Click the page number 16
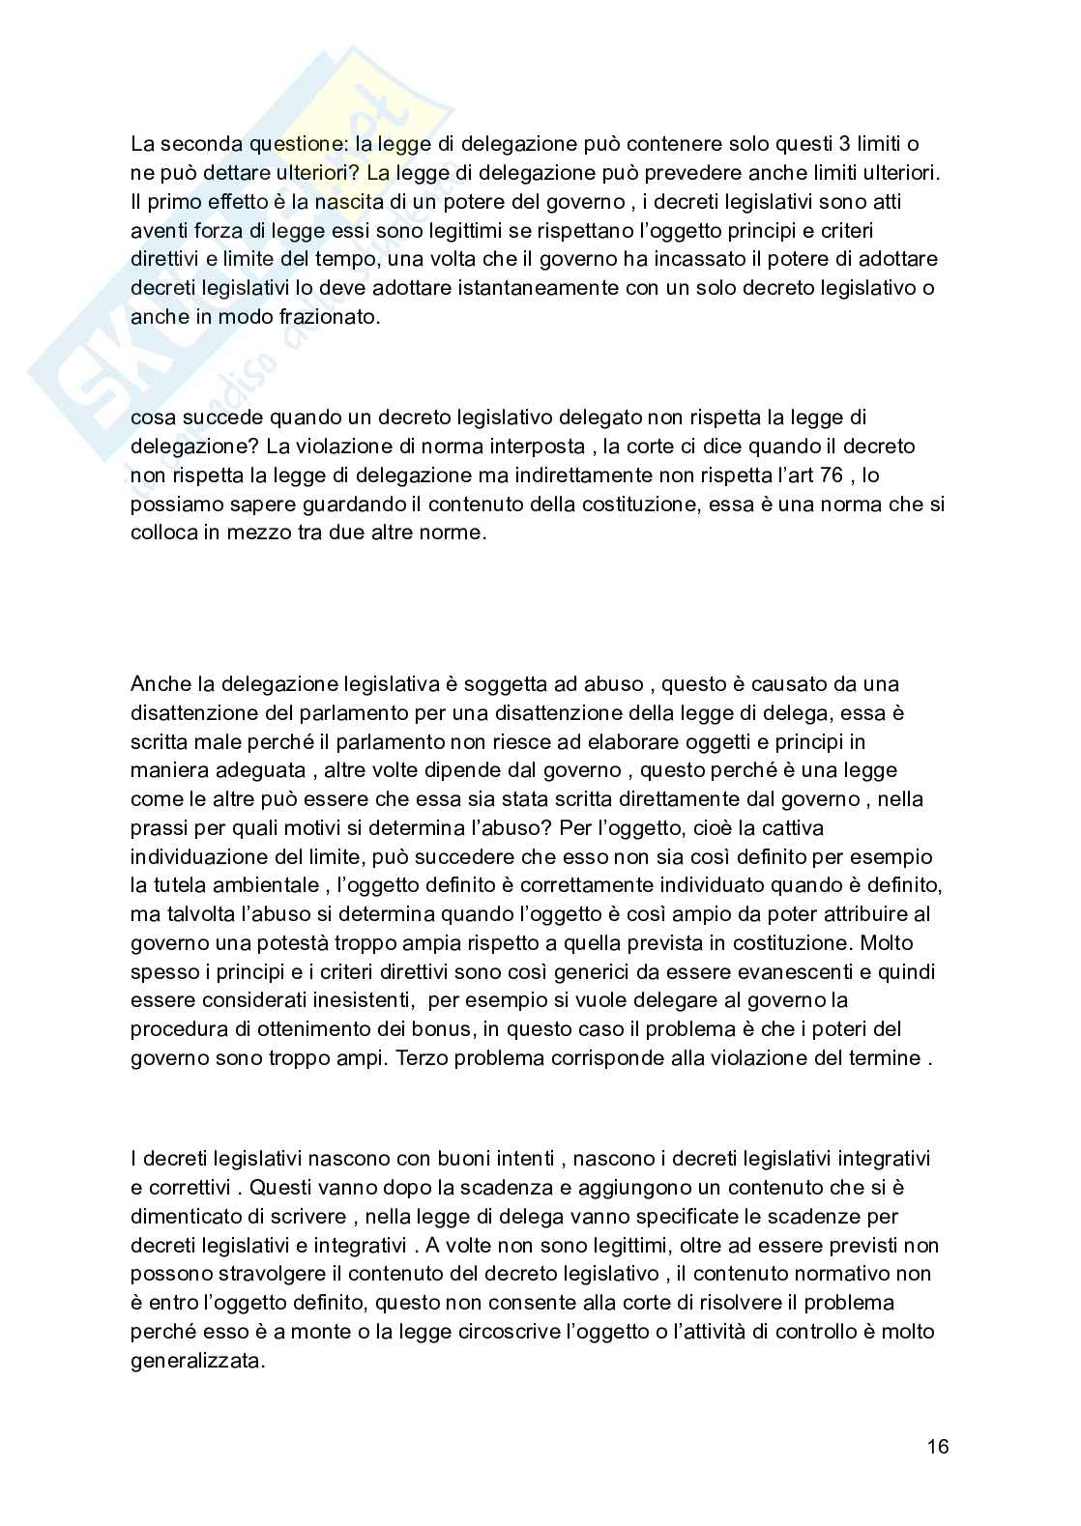[x=937, y=1447]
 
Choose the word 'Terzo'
[x=420, y=1057]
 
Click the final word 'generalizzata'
[x=195, y=1360]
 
